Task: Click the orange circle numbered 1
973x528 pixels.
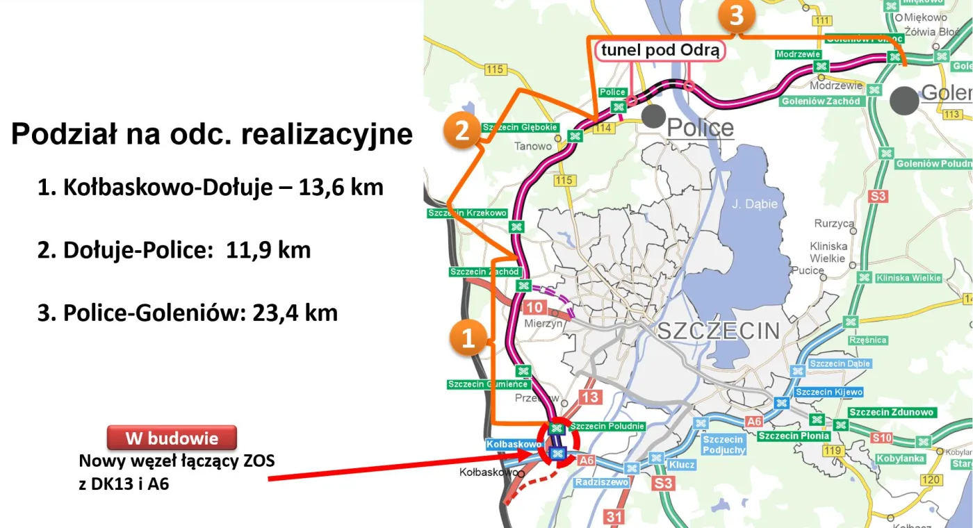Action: click(468, 338)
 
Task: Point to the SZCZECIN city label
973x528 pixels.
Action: click(719, 331)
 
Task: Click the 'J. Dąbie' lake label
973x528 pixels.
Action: click(754, 204)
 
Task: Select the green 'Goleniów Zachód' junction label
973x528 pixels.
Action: click(821, 101)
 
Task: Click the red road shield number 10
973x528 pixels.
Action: click(534, 308)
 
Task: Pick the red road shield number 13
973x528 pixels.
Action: click(589, 397)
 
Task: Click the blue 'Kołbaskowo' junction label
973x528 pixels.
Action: click(514, 444)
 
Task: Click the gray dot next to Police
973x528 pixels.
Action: click(653, 116)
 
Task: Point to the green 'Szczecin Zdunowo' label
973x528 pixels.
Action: click(892, 412)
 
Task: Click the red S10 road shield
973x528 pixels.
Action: click(882, 437)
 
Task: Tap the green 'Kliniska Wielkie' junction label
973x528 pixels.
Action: click(908, 278)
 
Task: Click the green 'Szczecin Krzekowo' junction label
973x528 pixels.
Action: click(467, 213)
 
